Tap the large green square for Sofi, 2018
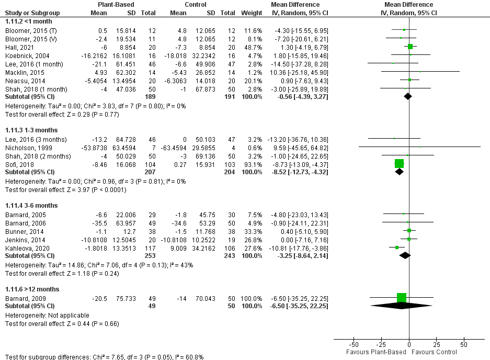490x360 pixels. (x=400, y=163)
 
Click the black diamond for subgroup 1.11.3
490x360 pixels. (x=400, y=172)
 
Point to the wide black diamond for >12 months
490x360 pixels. (x=402, y=306)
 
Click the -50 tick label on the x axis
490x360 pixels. (x=353, y=345)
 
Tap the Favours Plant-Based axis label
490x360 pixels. (x=375, y=352)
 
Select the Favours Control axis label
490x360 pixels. (x=435, y=352)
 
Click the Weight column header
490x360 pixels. (x=252, y=13)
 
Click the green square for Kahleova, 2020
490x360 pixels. (x=397, y=247)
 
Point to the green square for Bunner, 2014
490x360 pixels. (x=409, y=230)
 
